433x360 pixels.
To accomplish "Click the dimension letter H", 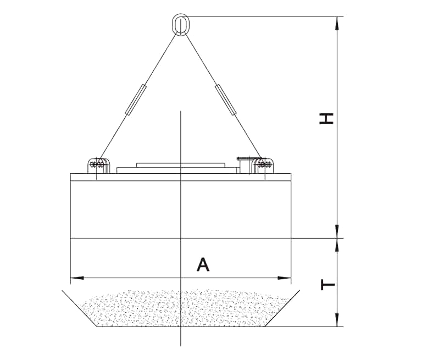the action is pos(326,119).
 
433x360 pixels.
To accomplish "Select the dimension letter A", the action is pos(203,264).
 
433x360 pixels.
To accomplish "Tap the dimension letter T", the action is pos(328,285).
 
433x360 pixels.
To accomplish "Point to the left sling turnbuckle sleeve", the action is pos(136,99).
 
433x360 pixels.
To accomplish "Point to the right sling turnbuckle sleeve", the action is pos(226,99).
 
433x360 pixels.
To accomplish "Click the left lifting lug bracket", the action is pos(99,166).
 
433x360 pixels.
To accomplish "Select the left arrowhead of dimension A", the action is pos(77,278).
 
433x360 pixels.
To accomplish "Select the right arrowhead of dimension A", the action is pos(285,278).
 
